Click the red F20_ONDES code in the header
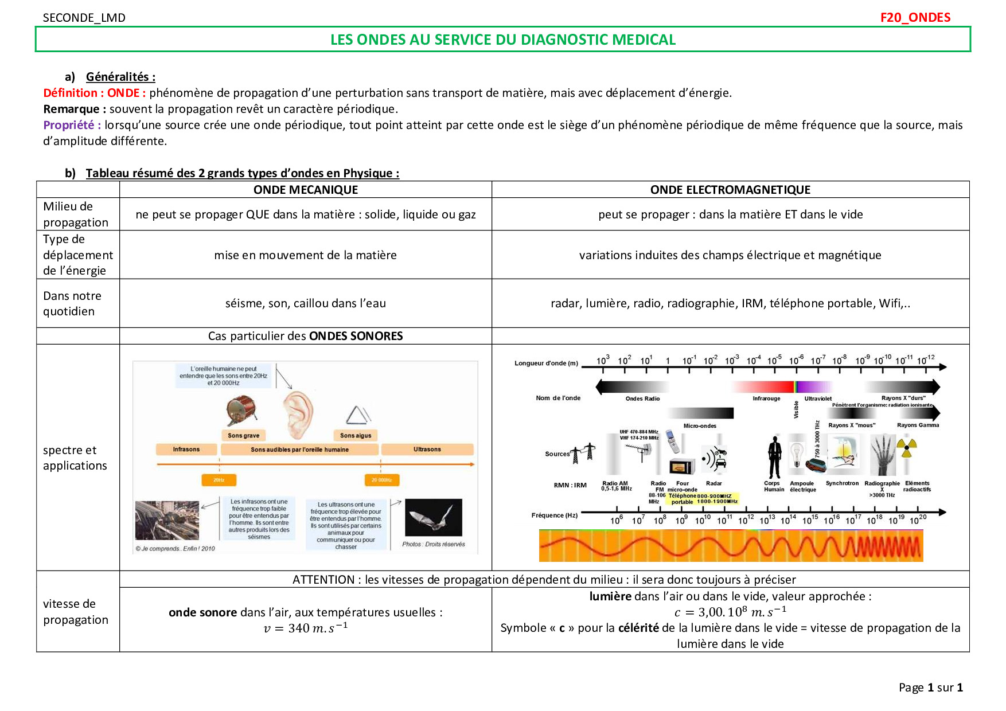[915, 17]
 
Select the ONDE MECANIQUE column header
[305, 190]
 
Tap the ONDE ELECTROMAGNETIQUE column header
[730, 190]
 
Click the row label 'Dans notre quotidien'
[72, 303]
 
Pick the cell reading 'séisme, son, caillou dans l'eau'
[305, 303]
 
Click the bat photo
[433, 517]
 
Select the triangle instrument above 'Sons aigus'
[358, 415]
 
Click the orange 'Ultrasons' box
[427, 450]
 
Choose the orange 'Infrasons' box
[186, 450]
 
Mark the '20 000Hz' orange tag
[381, 480]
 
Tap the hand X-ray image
[882, 454]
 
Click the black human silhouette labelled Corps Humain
[775, 457]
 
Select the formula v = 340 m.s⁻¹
[305, 628]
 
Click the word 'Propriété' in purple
[69, 125]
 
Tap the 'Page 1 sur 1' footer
[930, 687]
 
